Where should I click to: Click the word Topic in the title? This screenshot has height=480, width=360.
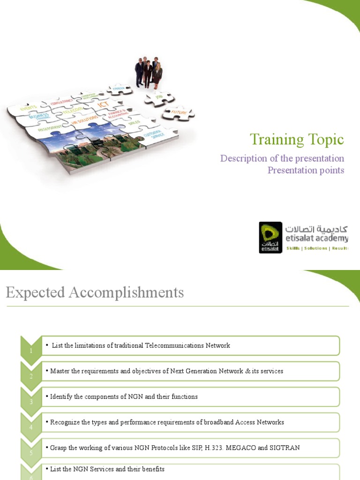click(326, 139)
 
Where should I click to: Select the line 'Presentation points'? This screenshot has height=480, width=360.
click(306, 170)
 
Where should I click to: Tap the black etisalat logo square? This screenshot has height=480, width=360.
click(270, 238)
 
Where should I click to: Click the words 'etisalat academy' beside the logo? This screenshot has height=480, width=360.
click(317, 239)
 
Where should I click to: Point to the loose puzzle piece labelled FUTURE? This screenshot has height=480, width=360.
click(178, 113)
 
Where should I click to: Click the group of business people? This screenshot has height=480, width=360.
click(149, 72)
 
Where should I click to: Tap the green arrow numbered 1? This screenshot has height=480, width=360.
click(30, 347)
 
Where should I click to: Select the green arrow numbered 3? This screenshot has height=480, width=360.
click(30, 398)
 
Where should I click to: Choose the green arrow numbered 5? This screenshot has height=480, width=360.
click(30, 450)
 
